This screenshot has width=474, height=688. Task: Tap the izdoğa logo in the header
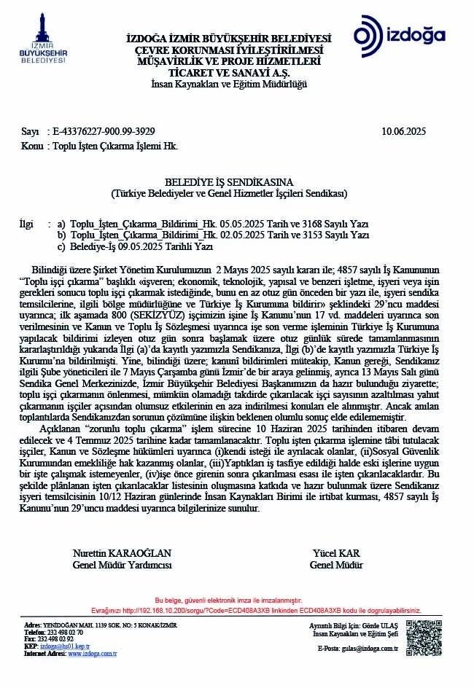[400, 36]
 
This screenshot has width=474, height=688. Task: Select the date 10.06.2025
[403, 131]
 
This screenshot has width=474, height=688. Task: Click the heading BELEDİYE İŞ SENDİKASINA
[229, 183]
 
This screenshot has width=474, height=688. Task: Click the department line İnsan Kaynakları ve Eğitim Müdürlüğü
[229, 85]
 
